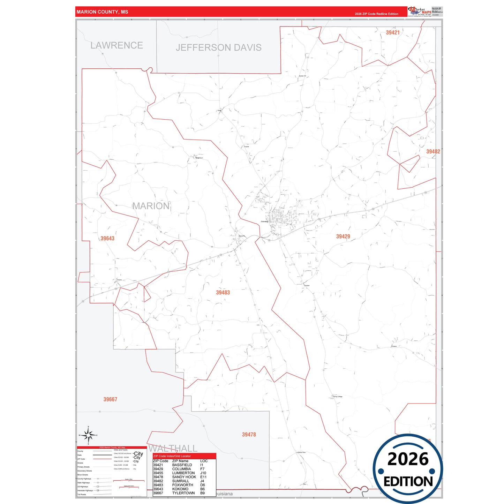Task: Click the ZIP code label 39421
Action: [x=392, y=32]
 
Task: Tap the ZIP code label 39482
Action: [x=433, y=151]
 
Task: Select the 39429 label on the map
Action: [x=343, y=236]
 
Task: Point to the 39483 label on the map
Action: [x=223, y=293]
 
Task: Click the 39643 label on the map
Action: [x=107, y=239]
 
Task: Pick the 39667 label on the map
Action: [x=110, y=399]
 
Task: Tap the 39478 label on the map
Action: [x=249, y=435]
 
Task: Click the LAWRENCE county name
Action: [x=116, y=45]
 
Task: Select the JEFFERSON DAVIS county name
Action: [x=218, y=47]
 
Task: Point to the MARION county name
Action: [x=151, y=206]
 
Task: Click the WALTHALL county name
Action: [x=173, y=448]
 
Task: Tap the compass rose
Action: [x=88, y=435]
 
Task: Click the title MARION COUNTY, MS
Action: [x=102, y=12]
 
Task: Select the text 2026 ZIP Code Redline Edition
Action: [x=376, y=14]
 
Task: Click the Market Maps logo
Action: [x=419, y=11]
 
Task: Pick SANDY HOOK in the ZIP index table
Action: [x=184, y=477]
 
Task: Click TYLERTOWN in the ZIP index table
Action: [x=183, y=493]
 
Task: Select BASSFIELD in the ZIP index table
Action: [x=182, y=465]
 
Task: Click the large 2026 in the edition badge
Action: [x=408, y=459]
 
